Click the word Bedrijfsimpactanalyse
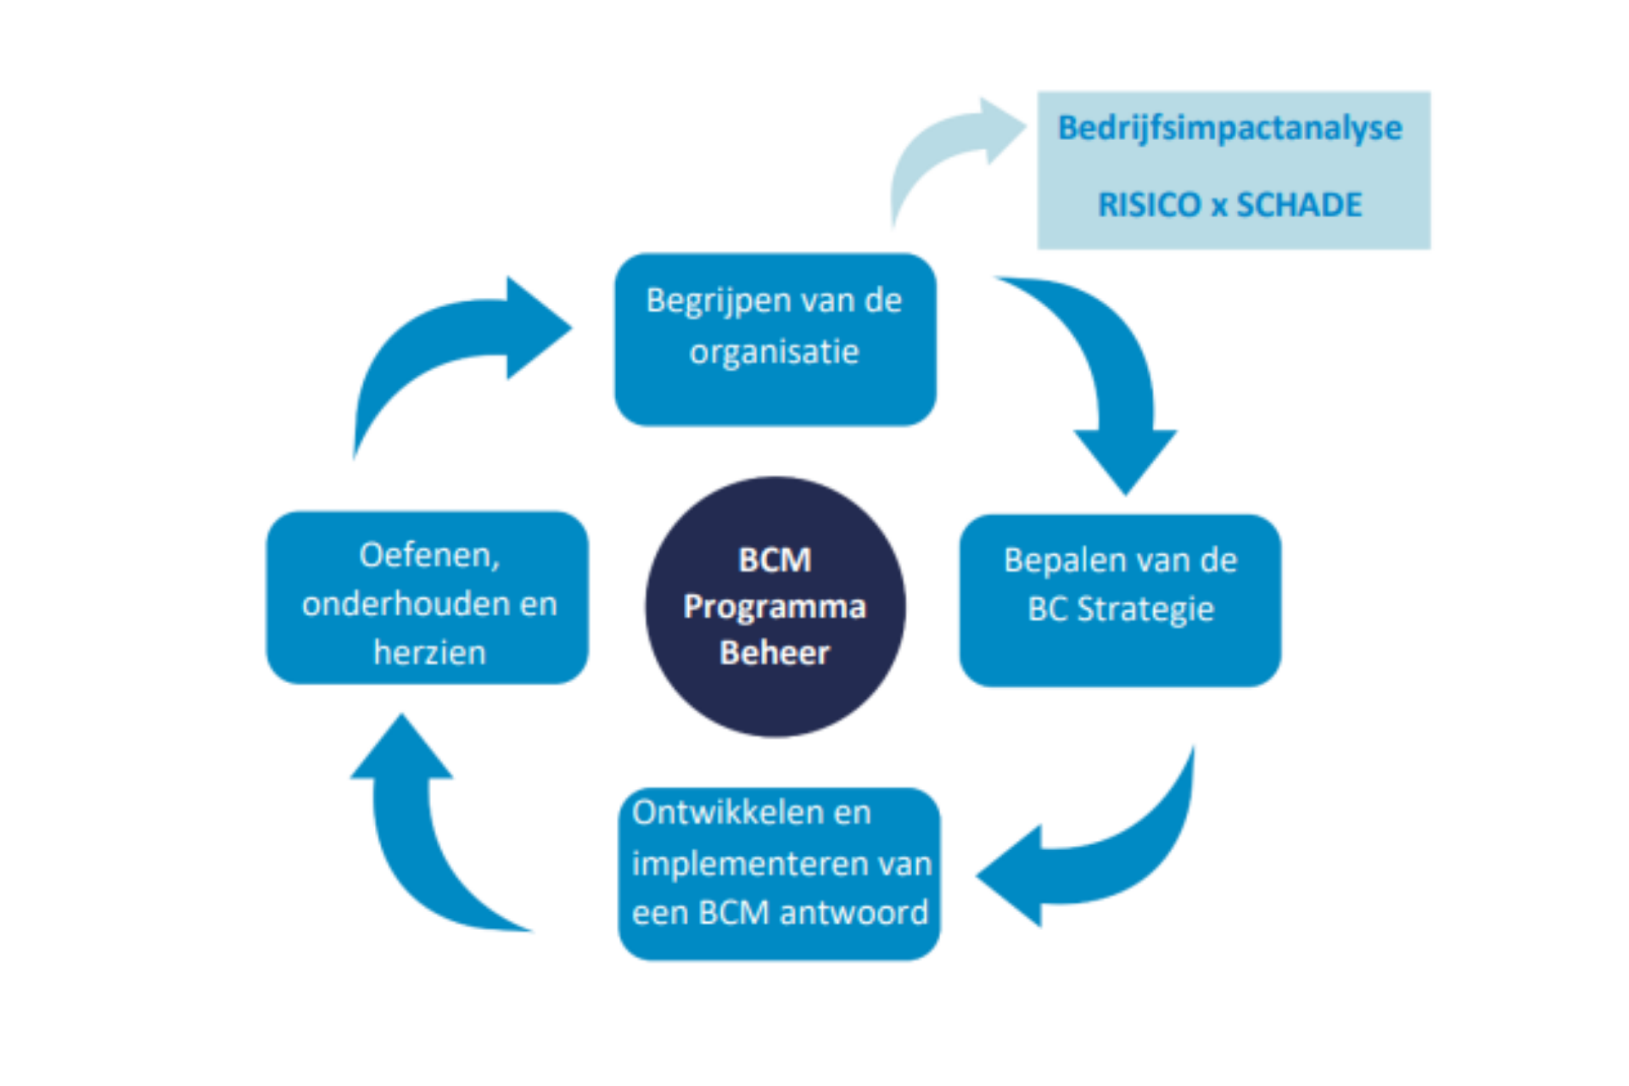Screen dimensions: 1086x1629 tap(1229, 128)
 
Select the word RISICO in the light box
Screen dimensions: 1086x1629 tap(1148, 204)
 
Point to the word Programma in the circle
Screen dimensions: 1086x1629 tap(775, 607)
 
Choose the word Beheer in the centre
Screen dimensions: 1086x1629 tap(775, 652)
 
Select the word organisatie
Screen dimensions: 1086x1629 tap(774, 351)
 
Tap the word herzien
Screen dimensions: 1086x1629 tap(429, 652)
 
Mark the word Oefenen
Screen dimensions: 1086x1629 tap(429, 555)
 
